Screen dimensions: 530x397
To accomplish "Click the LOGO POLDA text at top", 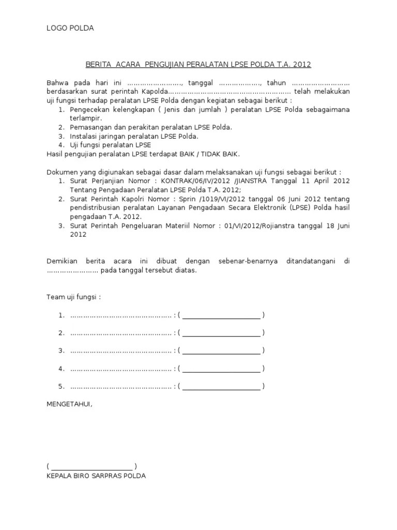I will click(70, 28).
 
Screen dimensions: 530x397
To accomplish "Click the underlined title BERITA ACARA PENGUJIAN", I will click(198, 65).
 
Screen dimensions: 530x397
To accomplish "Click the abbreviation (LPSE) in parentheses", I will click(311, 208).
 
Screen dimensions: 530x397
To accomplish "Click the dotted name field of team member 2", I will click(120, 333).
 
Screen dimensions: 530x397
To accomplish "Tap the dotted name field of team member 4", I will click(120, 369).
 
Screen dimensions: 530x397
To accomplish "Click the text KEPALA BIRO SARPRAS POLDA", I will click(96, 475).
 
